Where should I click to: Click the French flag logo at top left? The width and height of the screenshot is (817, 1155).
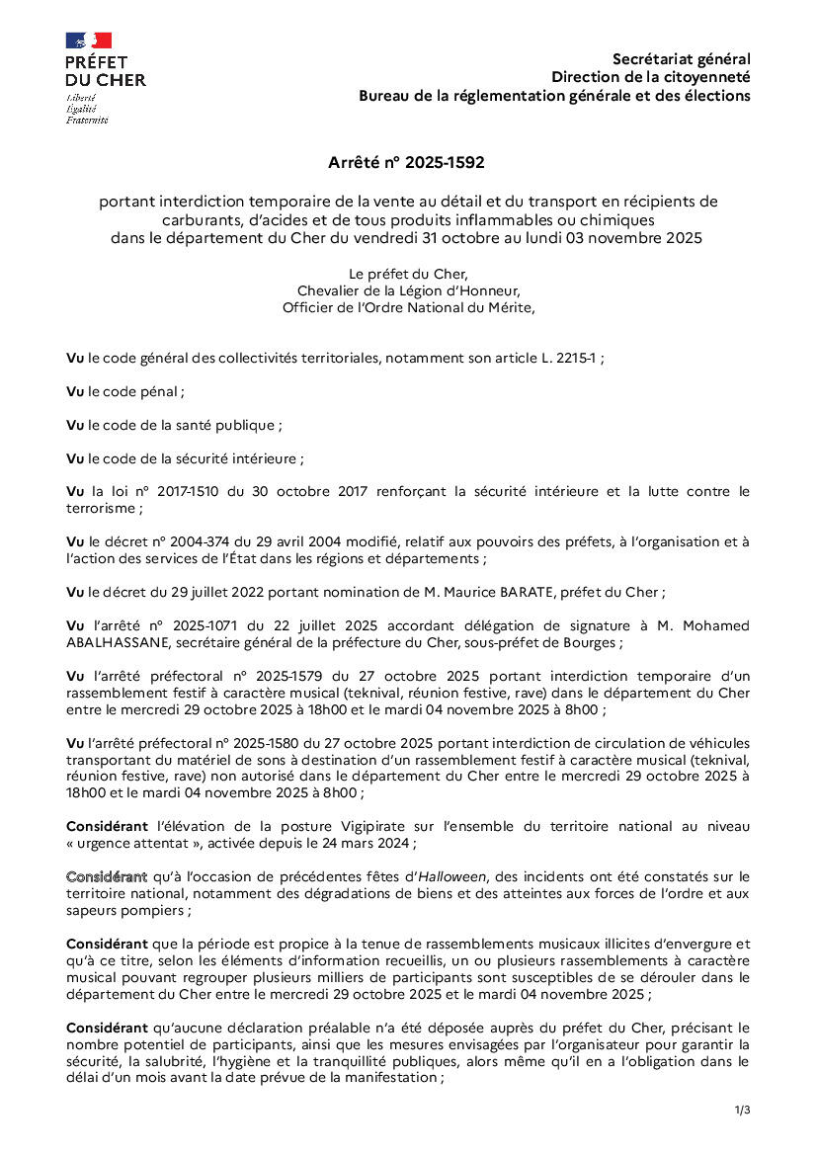(x=88, y=41)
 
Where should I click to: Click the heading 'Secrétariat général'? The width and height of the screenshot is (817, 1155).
(x=681, y=59)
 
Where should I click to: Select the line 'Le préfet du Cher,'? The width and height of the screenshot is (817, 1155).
(x=408, y=273)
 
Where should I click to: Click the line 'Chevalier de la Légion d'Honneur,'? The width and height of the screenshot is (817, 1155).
(x=408, y=289)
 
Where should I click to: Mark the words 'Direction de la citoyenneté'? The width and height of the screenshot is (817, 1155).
(x=650, y=77)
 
